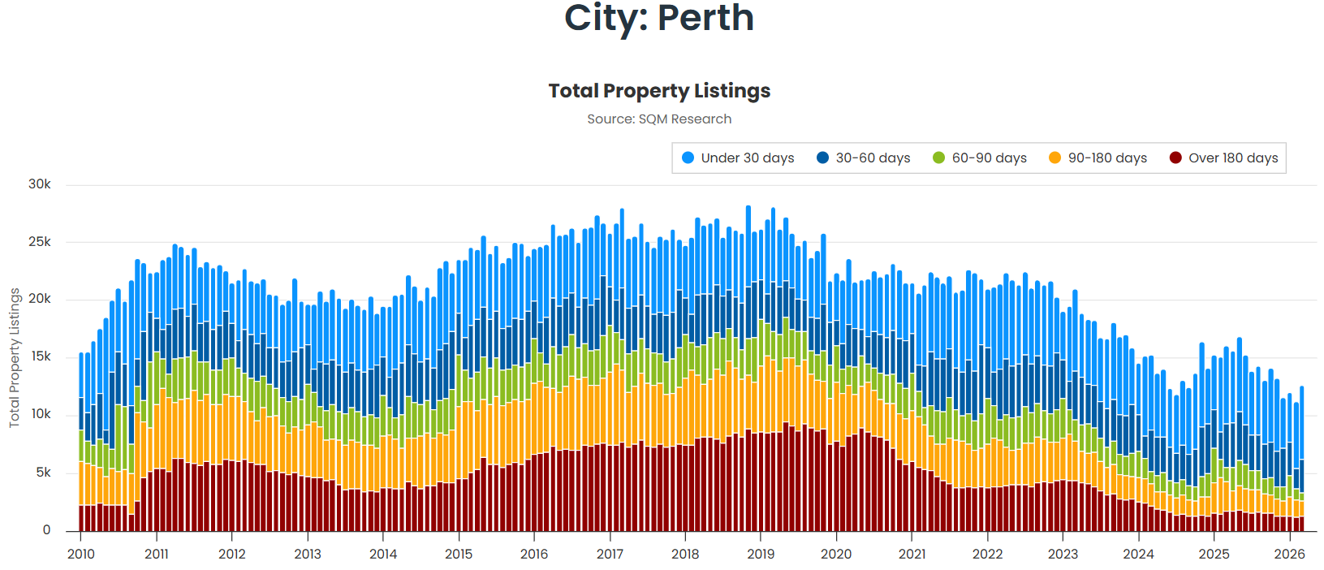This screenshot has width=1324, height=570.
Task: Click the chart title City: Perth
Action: (659, 18)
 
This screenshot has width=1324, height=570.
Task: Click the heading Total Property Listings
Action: (659, 91)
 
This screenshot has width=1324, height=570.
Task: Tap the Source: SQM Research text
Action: (659, 119)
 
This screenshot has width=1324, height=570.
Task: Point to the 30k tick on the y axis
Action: (40, 184)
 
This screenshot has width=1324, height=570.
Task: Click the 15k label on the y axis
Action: (40, 356)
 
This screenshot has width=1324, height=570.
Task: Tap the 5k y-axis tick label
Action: (43, 473)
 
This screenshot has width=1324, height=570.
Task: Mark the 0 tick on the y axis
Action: (46, 530)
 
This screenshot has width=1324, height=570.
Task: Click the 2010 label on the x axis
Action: (80, 554)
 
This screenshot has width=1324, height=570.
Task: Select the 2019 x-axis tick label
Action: (761, 554)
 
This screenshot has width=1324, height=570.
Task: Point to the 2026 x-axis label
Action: (1289, 554)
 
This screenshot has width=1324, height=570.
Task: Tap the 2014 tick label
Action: (383, 554)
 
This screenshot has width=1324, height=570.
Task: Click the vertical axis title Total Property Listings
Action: (14, 358)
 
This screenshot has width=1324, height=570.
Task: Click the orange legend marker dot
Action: (1054, 158)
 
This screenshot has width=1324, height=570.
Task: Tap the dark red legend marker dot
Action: (1175, 158)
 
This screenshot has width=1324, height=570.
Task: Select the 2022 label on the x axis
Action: (987, 554)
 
